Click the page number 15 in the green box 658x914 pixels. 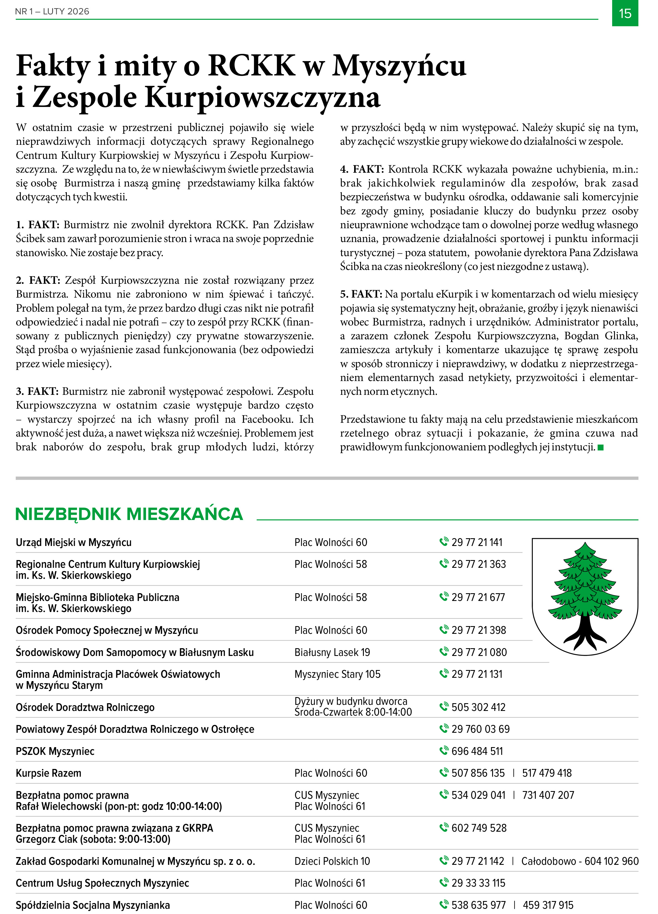(625, 14)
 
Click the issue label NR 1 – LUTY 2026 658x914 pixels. (52, 11)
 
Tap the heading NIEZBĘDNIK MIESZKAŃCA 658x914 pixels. (129, 514)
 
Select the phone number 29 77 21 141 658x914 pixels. (477, 542)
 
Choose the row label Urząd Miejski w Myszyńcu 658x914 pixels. (74, 542)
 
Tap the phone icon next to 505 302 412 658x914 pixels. (443, 706)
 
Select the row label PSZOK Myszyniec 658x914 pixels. (55, 752)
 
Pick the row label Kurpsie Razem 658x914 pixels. (48, 773)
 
